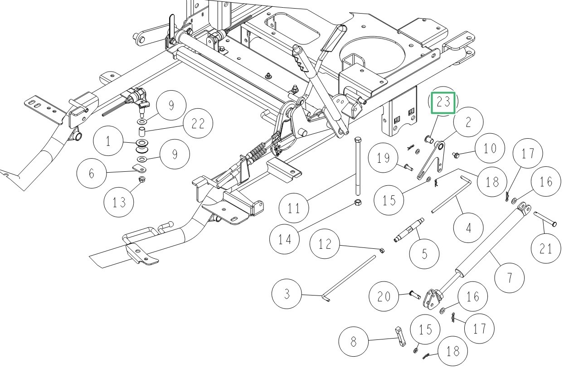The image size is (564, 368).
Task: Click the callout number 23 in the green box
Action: pyautogui.click(x=443, y=102)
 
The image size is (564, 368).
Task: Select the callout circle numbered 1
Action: pyautogui.click(x=108, y=142)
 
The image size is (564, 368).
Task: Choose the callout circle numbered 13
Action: pyautogui.click(x=119, y=203)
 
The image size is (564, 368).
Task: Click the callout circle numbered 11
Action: pyautogui.click(x=294, y=208)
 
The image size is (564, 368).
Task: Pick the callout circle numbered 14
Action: pyautogui.click(x=285, y=239)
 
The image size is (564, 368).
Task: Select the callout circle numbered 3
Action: pyautogui.click(x=287, y=294)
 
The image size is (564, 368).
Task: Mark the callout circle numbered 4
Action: pyautogui.click(x=468, y=227)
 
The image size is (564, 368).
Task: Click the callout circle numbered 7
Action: pyautogui.click(x=509, y=277)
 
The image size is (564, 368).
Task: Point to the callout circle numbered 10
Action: pyautogui.click(x=490, y=149)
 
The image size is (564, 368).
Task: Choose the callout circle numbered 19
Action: pyautogui.click(x=383, y=158)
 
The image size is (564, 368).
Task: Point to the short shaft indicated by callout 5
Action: pyautogui.click(x=409, y=229)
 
